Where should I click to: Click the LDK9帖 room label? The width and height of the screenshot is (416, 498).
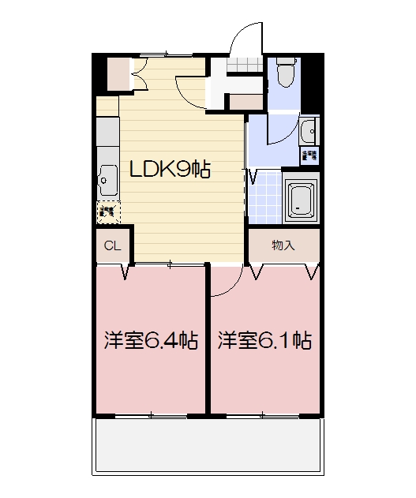pyautogui.click(x=170, y=169)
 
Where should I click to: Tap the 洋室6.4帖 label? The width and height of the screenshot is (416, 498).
pyautogui.click(x=150, y=341)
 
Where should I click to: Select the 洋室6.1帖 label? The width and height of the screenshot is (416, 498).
pyautogui.click(x=264, y=341)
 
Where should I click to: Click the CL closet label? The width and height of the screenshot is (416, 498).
pyautogui.click(x=113, y=245)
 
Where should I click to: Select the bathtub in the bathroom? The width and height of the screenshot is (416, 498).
pyautogui.click(x=300, y=200)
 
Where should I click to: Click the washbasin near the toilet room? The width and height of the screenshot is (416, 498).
pyautogui.click(x=309, y=130)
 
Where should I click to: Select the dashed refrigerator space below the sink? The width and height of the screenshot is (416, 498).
pyautogui.click(x=109, y=211)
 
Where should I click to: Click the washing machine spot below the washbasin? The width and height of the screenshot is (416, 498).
pyautogui.click(x=309, y=155)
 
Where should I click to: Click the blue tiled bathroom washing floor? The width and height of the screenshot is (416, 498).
pyautogui.click(x=266, y=200)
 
